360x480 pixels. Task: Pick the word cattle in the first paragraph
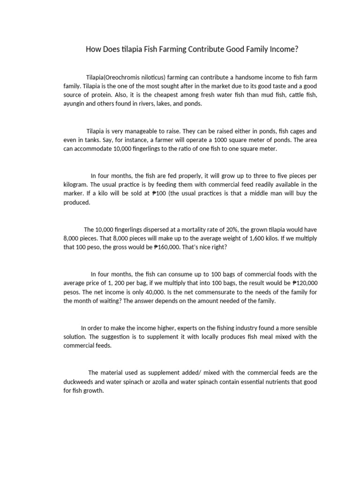point(292,95)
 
